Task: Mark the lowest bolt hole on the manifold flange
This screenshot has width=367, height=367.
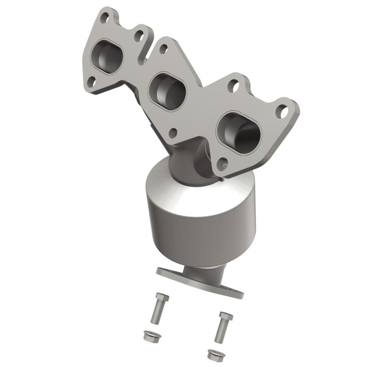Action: click(223, 162)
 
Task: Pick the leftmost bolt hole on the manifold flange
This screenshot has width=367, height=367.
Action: click(91, 81)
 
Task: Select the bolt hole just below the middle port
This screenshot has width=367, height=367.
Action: click(173, 133)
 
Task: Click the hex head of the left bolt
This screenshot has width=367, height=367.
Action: click(161, 297)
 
